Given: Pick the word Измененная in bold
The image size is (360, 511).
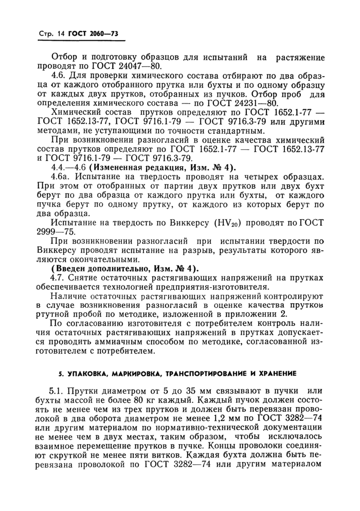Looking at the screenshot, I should coord(119,167).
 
